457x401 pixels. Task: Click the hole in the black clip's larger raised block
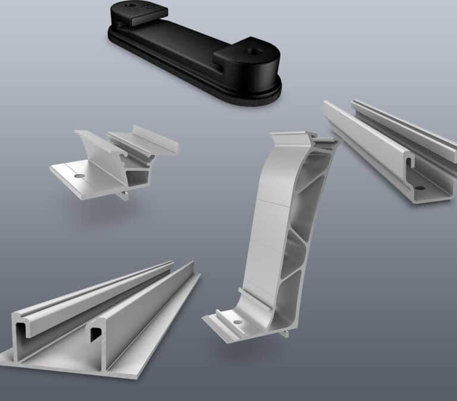tap(257, 52)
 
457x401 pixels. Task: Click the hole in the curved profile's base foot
tap(238, 322)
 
